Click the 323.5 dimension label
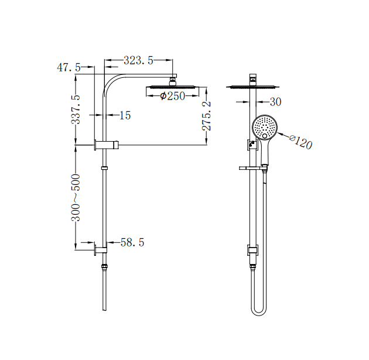pos(138,60)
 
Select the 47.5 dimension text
pos(69,68)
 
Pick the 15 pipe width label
pos(125,115)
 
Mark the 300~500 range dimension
pos(76,197)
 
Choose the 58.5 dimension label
pos(132,242)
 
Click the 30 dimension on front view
pos(275,102)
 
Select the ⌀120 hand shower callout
pos(300,141)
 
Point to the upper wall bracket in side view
pos(106,145)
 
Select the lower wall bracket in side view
pos(101,250)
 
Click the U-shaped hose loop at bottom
pos(258,308)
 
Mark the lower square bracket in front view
pos(252,250)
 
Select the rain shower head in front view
pos(252,87)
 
